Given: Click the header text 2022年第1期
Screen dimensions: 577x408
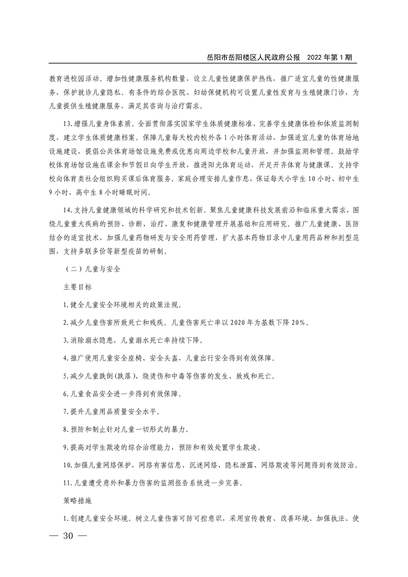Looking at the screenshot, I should pos(330,58).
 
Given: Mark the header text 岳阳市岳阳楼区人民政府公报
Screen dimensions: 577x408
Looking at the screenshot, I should pos(253,58).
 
